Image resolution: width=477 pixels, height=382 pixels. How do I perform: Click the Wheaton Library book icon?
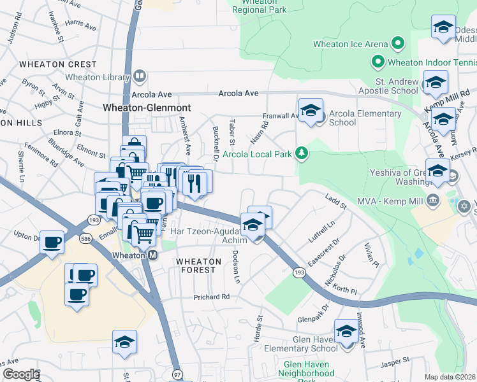(x=140, y=77)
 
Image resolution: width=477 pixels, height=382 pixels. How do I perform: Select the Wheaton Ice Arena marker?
(x=399, y=44)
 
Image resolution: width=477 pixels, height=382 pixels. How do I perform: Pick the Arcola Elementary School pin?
(x=311, y=110)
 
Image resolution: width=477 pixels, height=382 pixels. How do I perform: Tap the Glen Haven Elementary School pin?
(x=346, y=332)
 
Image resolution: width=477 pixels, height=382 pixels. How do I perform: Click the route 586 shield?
(x=85, y=239)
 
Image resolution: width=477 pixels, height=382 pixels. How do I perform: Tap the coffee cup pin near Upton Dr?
(x=52, y=243)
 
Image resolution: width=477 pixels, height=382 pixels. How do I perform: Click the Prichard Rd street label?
(x=212, y=297)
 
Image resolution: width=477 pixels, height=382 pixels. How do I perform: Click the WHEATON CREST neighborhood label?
(x=58, y=64)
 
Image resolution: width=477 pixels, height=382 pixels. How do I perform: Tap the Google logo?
(x=20, y=374)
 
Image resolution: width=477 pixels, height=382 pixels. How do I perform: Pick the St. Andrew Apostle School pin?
(x=436, y=83)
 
